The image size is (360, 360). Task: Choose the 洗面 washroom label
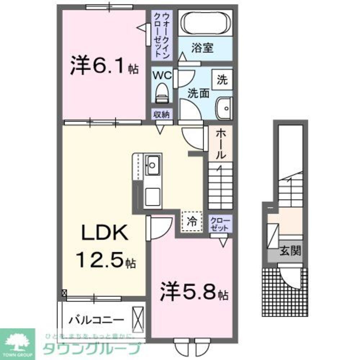tap(198, 93)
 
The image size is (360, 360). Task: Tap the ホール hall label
tap(221, 144)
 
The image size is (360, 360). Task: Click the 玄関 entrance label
tap(290, 251)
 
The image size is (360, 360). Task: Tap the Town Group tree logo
tap(17, 341)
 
